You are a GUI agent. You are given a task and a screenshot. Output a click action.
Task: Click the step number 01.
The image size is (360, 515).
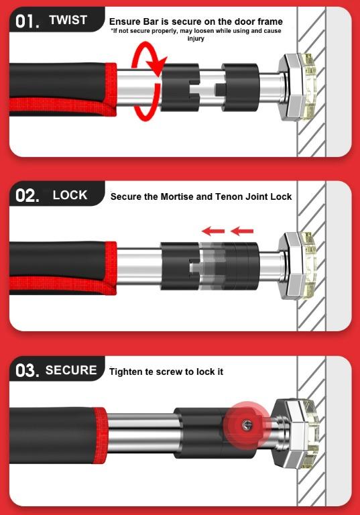[27, 21]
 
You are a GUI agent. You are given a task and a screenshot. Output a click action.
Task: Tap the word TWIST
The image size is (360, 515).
[68, 20]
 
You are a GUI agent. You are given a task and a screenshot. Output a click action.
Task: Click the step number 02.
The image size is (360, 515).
[27, 196]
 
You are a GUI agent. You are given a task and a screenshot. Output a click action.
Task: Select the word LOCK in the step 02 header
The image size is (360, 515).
[70, 195]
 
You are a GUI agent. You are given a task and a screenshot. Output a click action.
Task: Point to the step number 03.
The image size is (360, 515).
[27, 370]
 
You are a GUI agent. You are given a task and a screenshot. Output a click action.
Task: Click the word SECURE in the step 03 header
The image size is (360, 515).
[71, 370]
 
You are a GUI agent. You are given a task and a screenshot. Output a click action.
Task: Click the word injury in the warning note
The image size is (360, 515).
[196, 39]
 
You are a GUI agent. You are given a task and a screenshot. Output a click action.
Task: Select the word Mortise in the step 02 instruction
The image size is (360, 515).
[177, 196]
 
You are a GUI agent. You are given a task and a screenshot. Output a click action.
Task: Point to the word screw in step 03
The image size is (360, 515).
[169, 372]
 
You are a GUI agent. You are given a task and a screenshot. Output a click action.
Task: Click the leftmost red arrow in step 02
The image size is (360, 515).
[213, 231]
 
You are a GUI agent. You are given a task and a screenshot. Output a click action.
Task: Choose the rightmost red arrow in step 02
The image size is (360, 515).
[242, 231]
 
